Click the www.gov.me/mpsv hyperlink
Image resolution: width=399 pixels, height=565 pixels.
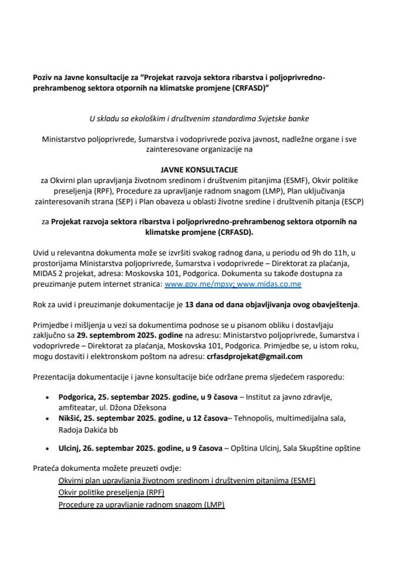[x=189, y=284]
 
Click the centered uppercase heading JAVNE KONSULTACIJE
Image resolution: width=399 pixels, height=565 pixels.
[x=199, y=169]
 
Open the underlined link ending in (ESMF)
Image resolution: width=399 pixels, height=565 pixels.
[x=186, y=481]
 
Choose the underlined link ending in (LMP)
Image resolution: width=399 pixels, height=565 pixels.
[x=142, y=506]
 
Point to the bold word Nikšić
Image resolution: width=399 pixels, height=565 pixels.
[x=71, y=418]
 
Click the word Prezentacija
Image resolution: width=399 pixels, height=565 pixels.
[x=58, y=377]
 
